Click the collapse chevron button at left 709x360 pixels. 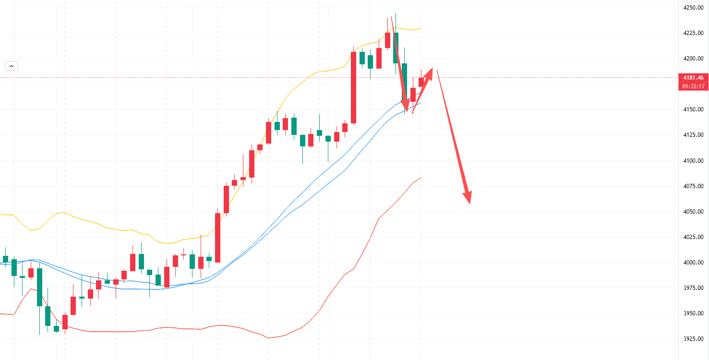point(12,66)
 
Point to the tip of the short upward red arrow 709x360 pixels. point(432,69)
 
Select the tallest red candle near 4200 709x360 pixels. point(354,87)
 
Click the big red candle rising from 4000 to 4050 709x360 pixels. point(217,238)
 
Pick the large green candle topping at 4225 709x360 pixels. point(396,48)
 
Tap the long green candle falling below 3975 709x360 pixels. point(39,287)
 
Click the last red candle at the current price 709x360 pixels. point(421,82)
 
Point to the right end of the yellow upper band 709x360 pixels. point(421,28)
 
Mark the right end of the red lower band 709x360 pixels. point(421,177)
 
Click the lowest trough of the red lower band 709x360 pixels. point(269,338)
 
